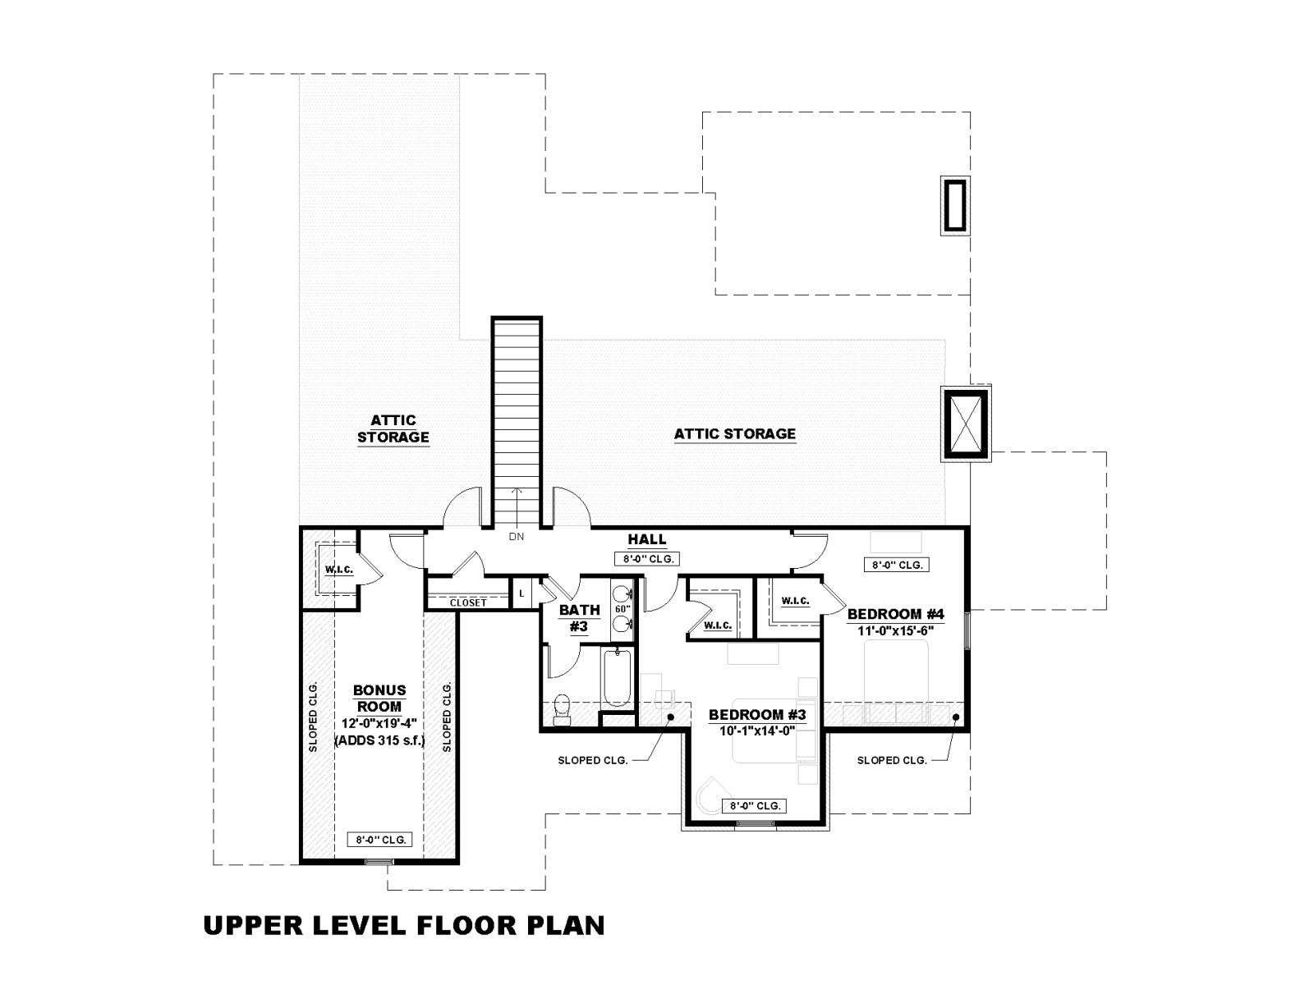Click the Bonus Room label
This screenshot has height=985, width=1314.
(379, 699)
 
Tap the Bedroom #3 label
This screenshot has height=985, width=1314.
(757, 715)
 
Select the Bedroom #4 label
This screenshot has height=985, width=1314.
(895, 614)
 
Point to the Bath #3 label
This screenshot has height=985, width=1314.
(580, 618)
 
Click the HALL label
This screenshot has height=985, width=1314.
(647, 539)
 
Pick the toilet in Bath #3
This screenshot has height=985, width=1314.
(562, 709)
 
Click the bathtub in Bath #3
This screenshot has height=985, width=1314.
(617, 678)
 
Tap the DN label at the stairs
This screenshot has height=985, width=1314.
(517, 537)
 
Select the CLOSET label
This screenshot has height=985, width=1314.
(468, 602)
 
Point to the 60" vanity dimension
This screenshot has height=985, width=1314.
(623, 609)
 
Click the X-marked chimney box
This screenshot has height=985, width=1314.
(965, 424)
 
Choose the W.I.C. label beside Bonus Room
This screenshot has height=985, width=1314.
(339, 570)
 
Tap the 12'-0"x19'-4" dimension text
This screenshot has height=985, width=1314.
(379, 724)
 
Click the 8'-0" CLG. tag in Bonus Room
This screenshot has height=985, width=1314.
(380, 840)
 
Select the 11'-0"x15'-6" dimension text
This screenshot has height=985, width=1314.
(895, 630)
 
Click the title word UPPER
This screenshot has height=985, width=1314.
(253, 925)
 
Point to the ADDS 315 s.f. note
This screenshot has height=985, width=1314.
(379, 741)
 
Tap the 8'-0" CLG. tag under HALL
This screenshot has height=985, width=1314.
(647, 559)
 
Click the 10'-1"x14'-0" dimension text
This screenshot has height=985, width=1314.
(757, 731)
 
